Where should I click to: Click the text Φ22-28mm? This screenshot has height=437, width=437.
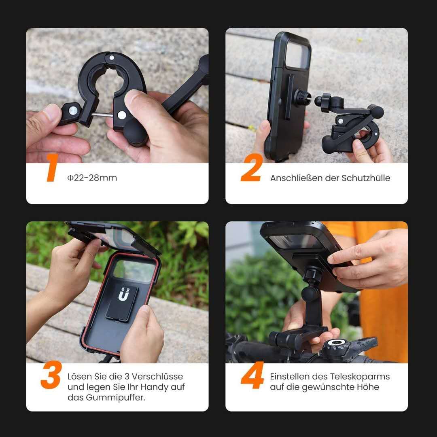coord(92,178)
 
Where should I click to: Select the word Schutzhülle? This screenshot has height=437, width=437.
coord(366,178)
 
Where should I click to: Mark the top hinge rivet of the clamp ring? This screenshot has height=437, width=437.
coord(112,58)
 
